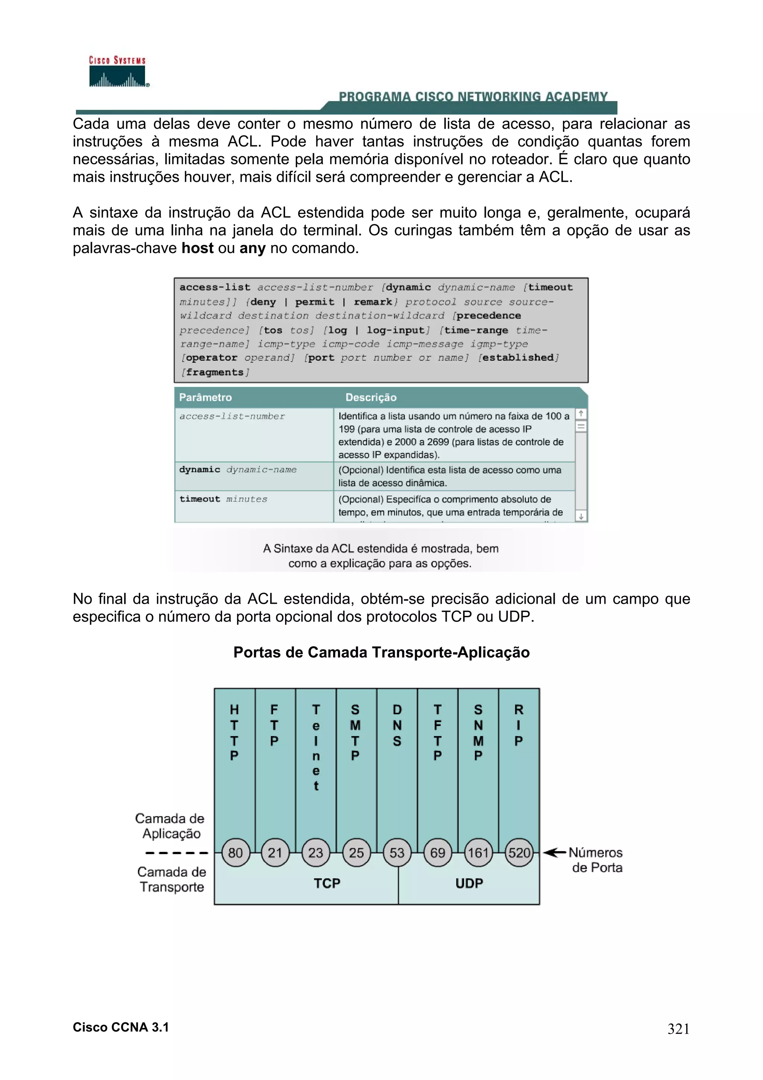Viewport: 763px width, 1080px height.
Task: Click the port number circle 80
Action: pos(235,852)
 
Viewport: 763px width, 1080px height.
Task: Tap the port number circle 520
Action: pos(519,852)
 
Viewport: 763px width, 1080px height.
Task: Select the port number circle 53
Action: pos(397,852)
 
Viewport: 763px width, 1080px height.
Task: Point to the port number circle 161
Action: pos(478,852)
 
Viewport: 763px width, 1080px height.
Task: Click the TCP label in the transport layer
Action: pos(327,883)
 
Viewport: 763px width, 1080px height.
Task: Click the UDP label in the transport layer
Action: pos(469,883)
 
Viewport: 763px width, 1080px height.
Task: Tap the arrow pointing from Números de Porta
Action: pos(554,852)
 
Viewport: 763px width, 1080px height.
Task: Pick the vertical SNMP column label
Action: pos(478,732)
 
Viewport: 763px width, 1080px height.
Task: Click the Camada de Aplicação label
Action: pos(170,825)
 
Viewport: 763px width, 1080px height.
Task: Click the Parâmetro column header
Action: pos(205,398)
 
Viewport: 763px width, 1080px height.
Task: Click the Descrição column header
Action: pos(371,398)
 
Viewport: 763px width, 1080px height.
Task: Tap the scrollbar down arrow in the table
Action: pos(581,517)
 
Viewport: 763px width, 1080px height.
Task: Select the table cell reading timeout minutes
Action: pos(223,499)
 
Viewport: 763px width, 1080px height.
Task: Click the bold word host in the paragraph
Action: pos(197,248)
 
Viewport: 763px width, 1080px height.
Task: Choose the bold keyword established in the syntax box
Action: pos(517,357)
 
